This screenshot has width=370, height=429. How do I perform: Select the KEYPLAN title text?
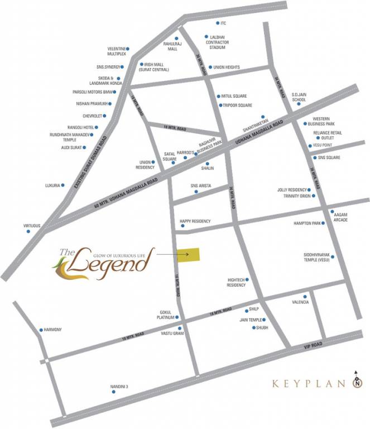[x=306, y=384]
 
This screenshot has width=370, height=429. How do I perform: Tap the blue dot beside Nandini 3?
[x=114, y=392]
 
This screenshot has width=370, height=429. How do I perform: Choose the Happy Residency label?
[x=195, y=221]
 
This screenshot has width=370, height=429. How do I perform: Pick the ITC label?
[x=223, y=23]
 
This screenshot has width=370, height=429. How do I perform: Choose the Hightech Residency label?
[x=236, y=283]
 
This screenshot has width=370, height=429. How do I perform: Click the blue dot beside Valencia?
[x=305, y=296]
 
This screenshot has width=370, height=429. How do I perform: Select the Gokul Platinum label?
[x=168, y=314]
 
